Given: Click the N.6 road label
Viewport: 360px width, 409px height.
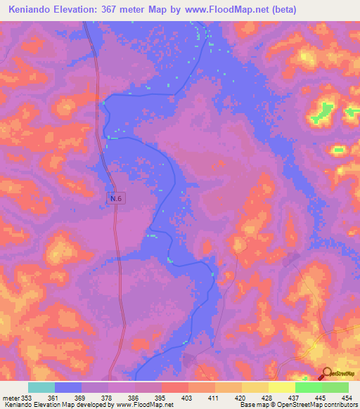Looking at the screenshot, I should tap(116, 200).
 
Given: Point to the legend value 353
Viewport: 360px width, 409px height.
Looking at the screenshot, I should tap(26, 398).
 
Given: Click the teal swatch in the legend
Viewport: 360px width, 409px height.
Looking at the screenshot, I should tap(41, 387).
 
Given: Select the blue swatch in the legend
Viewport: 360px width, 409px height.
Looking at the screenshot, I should tap(68, 387).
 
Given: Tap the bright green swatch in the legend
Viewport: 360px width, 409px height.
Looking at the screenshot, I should tap(309, 387).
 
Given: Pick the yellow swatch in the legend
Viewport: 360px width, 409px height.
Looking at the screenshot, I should tap(282, 387).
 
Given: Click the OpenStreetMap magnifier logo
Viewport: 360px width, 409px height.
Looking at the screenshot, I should tap(328, 375).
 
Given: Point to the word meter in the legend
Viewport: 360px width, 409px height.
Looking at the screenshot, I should tap(10, 398).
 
